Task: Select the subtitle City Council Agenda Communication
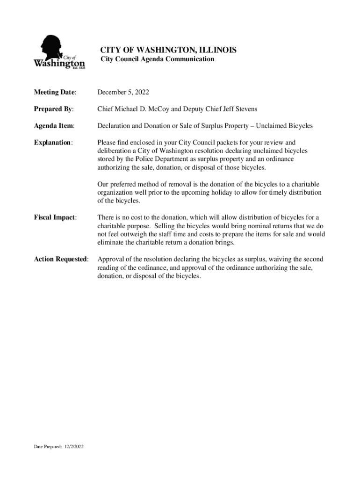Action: pyautogui.click(x=158, y=59)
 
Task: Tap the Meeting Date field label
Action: pyautogui.click(x=55, y=92)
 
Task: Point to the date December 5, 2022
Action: pyautogui.click(x=123, y=92)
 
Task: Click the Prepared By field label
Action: pyautogui.click(x=54, y=109)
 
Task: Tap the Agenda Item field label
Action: pyautogui.click(x=54, y=126)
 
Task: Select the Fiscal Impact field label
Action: pyautogui.click(x=55, y=218)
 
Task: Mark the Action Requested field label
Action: pyautogui.click(x=61, y=259)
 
